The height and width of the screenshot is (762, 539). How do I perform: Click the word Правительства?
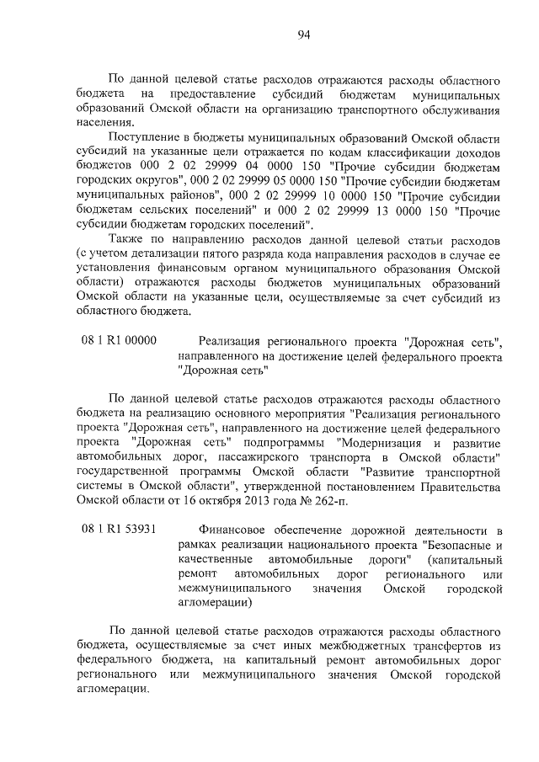(x=455, y=486)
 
